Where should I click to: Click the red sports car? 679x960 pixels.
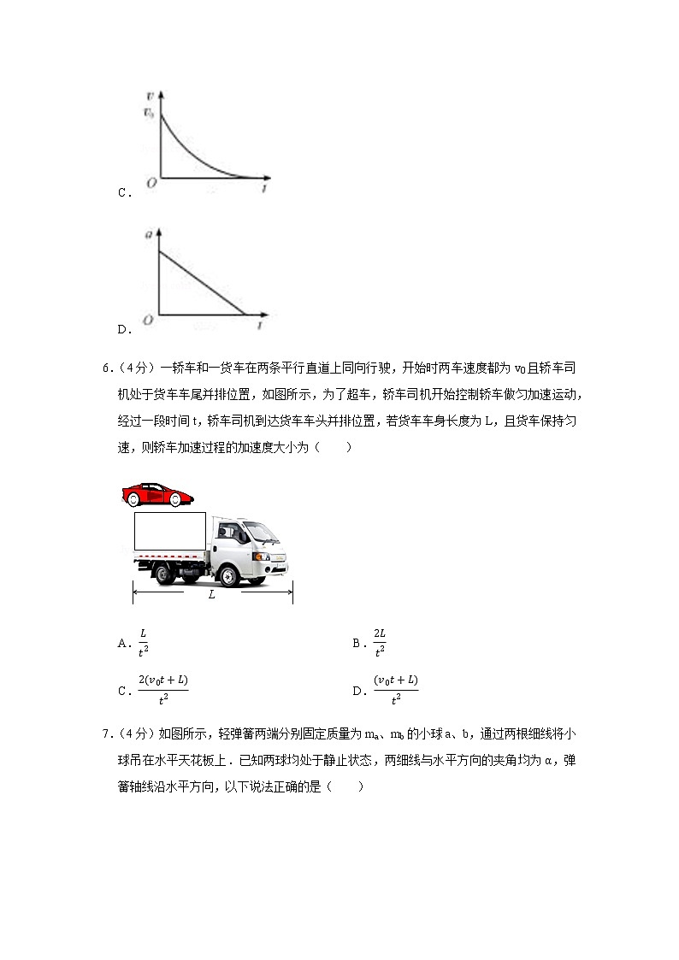pos(158,494)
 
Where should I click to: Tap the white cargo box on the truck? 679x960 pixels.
pos(170,531)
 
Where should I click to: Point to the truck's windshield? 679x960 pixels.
pos(260,532)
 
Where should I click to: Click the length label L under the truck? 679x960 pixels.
pos(212,594)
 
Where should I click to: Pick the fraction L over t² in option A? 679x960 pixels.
pos(143,642)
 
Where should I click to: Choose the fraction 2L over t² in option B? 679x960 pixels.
pos(380,642)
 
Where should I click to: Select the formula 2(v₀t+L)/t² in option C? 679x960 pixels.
pos(162,688)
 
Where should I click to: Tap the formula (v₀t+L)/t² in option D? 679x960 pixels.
pos(395,688)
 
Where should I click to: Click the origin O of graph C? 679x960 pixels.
pos(151,183)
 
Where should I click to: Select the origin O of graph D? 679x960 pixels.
pos(149,320)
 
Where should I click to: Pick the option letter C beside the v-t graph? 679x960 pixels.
pos(122,193)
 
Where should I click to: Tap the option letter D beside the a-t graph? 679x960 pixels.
pos(122,329)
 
